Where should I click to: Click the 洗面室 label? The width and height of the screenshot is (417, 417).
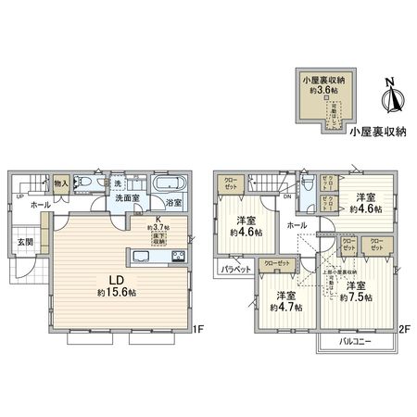pos(128,197)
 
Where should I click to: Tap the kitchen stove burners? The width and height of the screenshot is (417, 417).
pos(178,255)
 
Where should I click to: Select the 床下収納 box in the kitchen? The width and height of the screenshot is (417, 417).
pos(158,237)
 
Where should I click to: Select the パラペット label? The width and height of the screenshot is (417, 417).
pos(234,270)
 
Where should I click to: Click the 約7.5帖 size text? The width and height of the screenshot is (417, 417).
pos(357,297)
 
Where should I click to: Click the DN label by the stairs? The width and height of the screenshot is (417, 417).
pos(287,196)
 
